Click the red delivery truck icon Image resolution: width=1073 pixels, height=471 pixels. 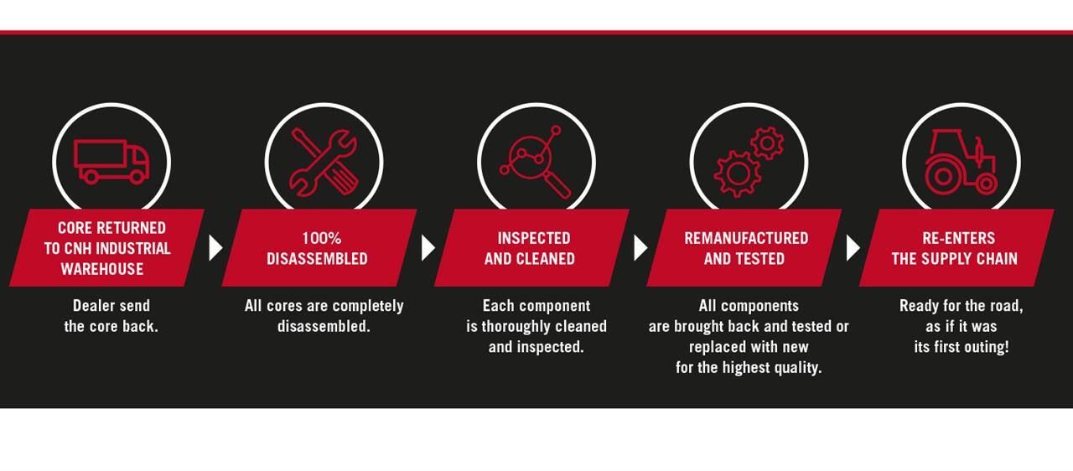coord(111,162)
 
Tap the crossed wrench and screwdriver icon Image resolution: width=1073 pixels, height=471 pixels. coord(324,163)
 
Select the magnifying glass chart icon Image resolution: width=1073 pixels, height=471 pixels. coord(536,162)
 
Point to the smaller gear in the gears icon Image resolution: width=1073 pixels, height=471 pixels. coord(767,142)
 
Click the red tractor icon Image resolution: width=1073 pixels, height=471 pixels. coord(961,162)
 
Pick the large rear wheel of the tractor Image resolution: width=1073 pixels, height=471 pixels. coord(943,176)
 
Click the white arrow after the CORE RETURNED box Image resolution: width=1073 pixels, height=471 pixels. coord(215,248)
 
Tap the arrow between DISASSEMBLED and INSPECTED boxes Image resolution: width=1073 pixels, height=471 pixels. coord(428,248)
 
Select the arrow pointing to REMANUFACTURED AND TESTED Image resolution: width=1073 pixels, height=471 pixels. coord(640,248)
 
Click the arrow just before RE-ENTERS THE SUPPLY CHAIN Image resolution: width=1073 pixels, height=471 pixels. coord(853,248)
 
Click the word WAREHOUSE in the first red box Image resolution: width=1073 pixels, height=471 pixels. coord(102,269)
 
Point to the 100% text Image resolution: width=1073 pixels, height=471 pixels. coord(321,238)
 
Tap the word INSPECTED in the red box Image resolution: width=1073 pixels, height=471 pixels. coord(534,238)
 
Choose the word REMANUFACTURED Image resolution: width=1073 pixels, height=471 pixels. coord(746,238)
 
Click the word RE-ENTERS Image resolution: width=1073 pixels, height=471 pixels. coord(958,238)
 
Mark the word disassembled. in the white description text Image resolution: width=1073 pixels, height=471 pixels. coord(324,326)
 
